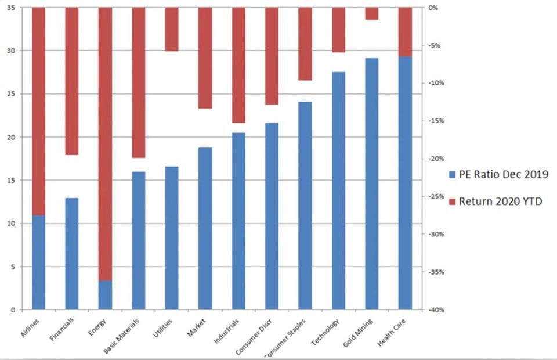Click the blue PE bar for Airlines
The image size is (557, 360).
click(38, 262)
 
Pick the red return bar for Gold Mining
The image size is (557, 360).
click(371, 13)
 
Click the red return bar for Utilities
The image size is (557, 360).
click(172, 30)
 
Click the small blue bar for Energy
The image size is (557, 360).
click(105, 295)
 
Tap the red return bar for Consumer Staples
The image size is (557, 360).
click(305, 44)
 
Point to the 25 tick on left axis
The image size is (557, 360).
click(12, 94)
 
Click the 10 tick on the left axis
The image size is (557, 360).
click(12, 224)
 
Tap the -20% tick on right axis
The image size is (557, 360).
click(436, 159)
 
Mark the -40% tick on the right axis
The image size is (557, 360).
click(436, 310)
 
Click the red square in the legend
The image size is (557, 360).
click(454, 201)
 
